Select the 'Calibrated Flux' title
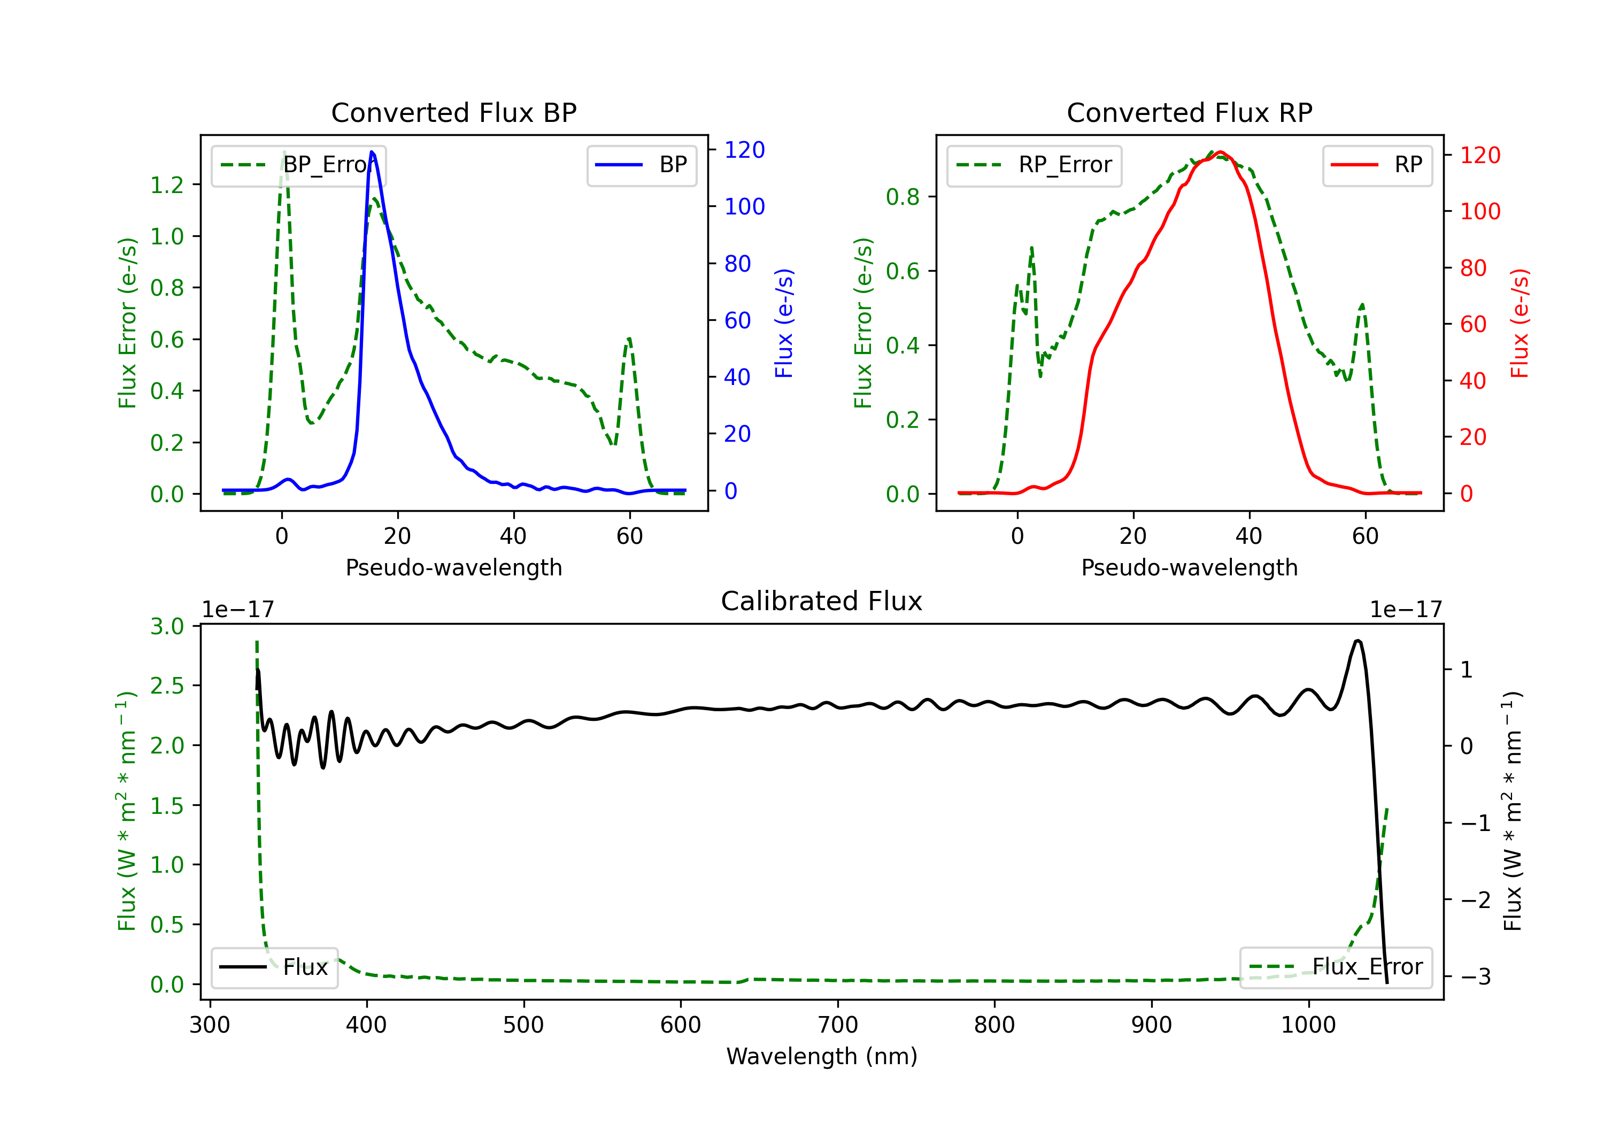(822, 601)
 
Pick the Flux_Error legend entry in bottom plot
(1336, 967)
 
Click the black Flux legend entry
(274, 967)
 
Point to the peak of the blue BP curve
(372, 152)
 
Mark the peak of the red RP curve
(1220, 152)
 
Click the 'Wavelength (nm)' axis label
(822, 1056)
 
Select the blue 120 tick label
(744, 150)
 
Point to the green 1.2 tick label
(167, 184)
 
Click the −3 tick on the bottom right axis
(1476, 976)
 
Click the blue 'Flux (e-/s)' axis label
(784, 323)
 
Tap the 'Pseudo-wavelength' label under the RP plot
(1189, 567)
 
